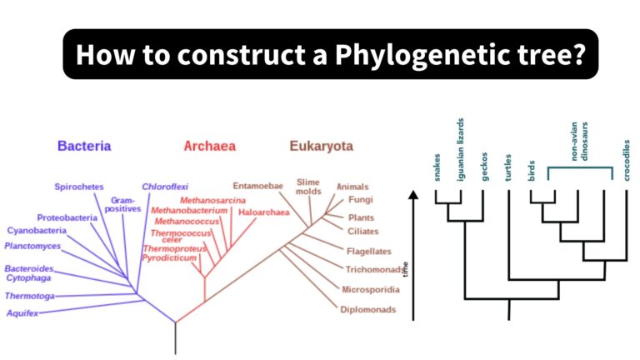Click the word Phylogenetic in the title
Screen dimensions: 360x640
415,55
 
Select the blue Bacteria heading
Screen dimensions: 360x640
84,146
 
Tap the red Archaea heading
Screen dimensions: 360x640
209,146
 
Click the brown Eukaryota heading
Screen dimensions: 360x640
322,146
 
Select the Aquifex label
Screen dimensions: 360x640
22,313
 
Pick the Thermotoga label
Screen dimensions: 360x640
30,296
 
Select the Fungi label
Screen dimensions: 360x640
361,200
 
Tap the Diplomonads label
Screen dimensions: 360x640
367,310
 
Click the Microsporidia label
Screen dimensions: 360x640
371,289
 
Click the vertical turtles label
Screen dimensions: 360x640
507,166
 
